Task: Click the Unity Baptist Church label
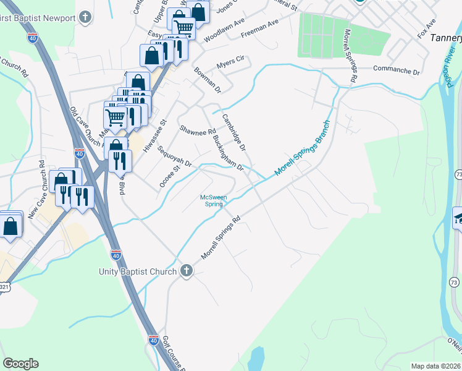[x=138, y=271]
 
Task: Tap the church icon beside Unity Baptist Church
[x=187, y=271]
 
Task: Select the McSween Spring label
[x=214, y=201]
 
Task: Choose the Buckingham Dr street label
[x=227, y=154]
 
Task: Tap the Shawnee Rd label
[x=198, y=131]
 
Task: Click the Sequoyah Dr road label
[x=175, y=157]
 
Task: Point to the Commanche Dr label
[x=396, y=72]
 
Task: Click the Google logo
[x=20, y=363]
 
